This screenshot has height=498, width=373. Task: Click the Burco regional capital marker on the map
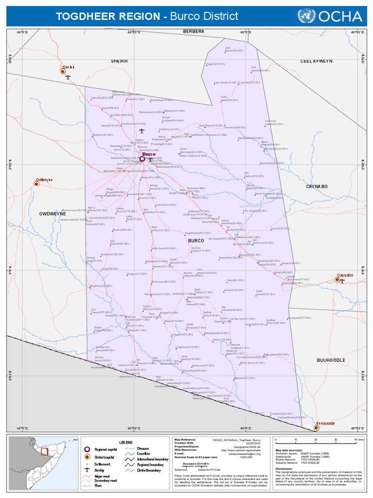pos(142,159)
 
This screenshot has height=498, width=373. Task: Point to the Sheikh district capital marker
pos(63,71)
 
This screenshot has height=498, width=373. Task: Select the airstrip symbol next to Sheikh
pos(68,77)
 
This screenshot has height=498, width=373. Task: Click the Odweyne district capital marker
pos(36,183)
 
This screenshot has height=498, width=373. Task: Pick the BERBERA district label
pos(193,31)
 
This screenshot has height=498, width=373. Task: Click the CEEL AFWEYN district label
pos(316,61)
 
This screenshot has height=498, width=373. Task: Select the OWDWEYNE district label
pos(52,213)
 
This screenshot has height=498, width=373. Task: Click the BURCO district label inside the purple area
pos(196,241)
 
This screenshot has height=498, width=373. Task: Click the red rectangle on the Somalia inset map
pos(44,451)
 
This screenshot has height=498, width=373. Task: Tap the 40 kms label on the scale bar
pos(359,439)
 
